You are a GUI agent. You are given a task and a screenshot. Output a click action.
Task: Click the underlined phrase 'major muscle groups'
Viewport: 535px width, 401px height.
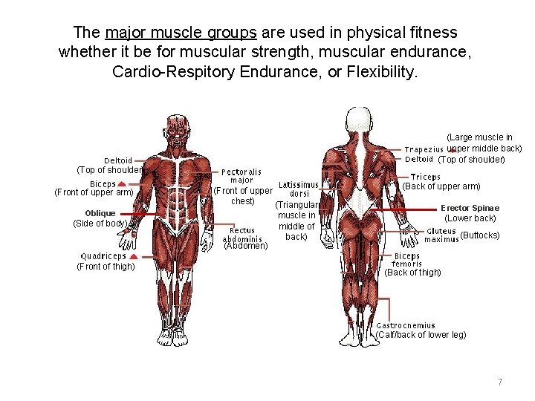pos(181,33)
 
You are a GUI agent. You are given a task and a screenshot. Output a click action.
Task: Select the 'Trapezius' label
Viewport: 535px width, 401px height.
pos(424,149)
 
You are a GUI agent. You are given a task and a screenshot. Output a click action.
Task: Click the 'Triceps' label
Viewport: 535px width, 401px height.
pos(426,177)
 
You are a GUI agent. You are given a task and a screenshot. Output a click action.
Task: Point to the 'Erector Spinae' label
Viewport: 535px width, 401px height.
pos(470,208)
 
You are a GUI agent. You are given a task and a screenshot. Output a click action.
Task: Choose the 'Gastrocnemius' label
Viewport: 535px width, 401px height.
pos(406,325)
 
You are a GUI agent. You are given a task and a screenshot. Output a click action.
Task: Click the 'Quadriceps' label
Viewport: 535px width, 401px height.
pos(103,257)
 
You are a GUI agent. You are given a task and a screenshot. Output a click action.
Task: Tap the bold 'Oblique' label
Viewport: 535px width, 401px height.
pos(100,213)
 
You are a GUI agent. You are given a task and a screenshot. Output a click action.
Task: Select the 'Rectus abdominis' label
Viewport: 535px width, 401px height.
pos(242,235)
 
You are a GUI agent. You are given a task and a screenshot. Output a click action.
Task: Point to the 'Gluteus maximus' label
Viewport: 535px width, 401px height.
pos(441,235)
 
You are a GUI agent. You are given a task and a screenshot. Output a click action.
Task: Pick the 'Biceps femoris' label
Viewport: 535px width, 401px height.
pos(406,260)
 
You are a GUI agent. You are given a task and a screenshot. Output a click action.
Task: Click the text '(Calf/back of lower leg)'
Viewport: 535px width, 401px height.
pos(421,335)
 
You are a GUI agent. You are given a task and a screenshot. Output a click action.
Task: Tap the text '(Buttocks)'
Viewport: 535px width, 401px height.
pos(480,236)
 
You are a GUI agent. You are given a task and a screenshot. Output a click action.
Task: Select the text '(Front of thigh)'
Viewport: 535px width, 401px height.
pos(106,267)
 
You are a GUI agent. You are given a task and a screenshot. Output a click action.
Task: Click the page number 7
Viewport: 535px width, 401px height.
pos(500,382)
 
